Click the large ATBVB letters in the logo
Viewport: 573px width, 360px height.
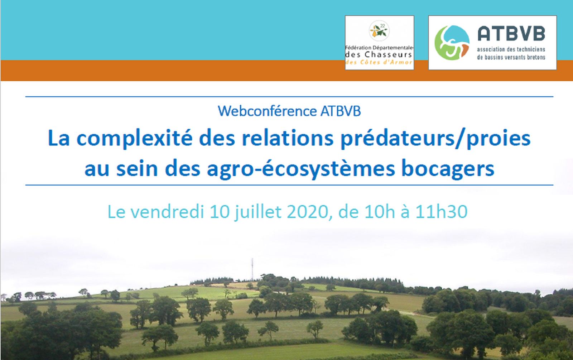click(x=511, y=34)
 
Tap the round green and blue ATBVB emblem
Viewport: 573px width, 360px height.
click(x=452, y=43)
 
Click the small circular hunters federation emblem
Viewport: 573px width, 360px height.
click(x=379, y=31)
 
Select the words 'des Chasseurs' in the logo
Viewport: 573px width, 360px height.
click(x=379, y=54)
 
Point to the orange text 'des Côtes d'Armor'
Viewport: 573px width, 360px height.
click(x=379, y=62)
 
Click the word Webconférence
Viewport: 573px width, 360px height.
click(x=267, y=111)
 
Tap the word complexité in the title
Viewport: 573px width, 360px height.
click(x=135, y=138)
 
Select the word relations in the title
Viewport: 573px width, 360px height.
click(x=288, y=138)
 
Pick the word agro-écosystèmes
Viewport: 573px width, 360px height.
click(x=301, y=169)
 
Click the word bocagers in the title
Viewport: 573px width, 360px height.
click(x=448, y=169)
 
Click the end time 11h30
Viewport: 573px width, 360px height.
click(x=441, y=212)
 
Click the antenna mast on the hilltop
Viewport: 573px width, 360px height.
click(x=252, y=269)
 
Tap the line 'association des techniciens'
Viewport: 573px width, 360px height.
click(x=511, y=49)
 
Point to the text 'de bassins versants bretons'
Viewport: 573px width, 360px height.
click(x=511, y=57)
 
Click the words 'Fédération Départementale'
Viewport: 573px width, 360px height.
click(x=379, y=48)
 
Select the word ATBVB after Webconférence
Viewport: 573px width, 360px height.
click(x=341, y=111)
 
